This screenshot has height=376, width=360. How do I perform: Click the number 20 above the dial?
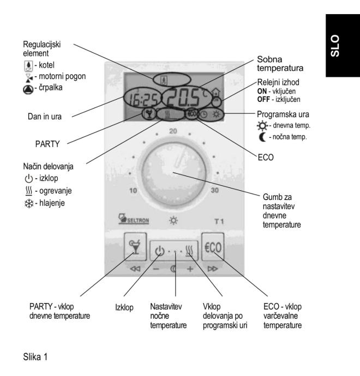(173, 131)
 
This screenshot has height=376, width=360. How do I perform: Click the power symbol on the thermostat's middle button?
(159, 252)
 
